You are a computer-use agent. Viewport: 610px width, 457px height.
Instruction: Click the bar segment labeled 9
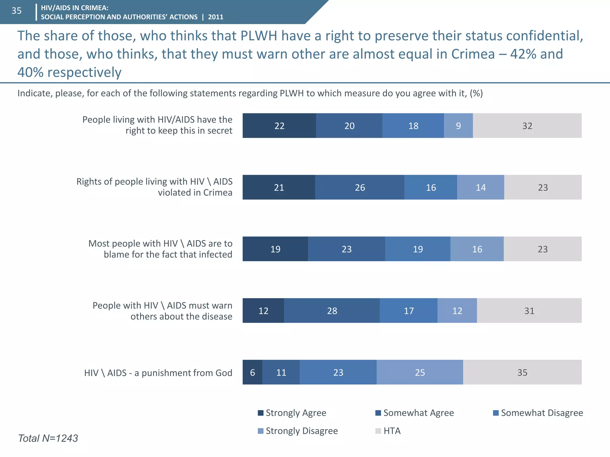pos(458,126)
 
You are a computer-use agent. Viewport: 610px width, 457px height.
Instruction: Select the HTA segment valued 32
pos(527,126)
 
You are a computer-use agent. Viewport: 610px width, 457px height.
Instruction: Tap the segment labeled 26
pos(360,187)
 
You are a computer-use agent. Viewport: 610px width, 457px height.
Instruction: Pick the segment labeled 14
pos(480,187)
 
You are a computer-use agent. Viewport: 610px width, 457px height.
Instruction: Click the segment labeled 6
pos(252,372)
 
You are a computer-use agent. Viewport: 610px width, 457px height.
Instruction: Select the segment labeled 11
pos(281,372)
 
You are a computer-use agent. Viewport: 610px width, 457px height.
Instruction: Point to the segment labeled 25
pos(420,372)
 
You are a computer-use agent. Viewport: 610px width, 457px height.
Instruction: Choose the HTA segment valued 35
pos(522,372)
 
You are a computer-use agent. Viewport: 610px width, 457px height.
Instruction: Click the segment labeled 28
pos(332,311)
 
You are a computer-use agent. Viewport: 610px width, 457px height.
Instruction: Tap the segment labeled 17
pos(409,311)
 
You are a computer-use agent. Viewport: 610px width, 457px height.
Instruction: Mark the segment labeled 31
pos(529,311)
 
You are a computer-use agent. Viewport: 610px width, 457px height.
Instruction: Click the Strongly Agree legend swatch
pos(261,413)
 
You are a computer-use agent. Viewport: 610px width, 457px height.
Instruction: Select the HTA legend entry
pos(391,431)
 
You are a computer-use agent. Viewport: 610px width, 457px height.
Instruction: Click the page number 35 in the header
pos(17,11)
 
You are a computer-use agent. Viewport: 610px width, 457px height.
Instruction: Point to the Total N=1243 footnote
pos(48,438)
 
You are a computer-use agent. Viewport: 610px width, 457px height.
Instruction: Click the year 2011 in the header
pos(216,17)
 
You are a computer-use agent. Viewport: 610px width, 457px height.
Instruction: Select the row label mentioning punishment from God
pos(158,373)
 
